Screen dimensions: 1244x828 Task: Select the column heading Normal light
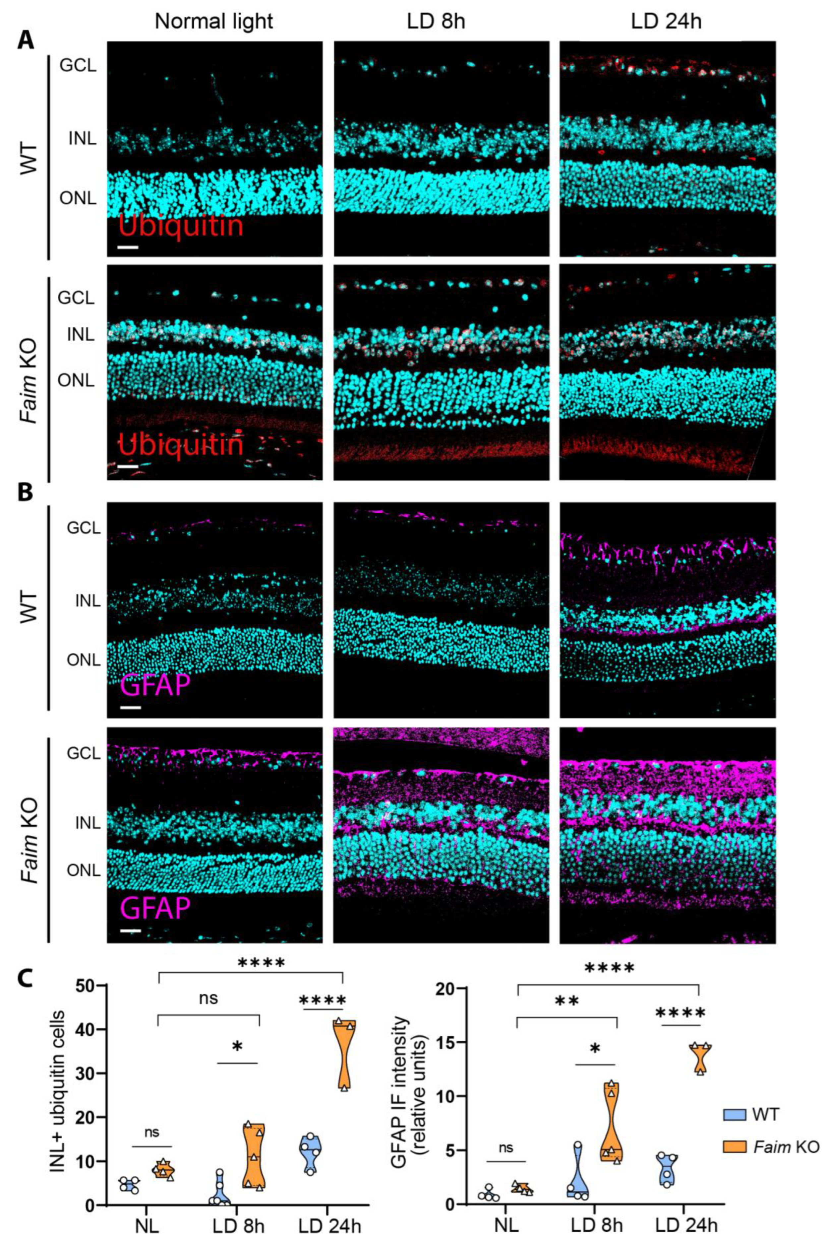(214, 21)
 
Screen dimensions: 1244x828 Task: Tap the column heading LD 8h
(436, 21)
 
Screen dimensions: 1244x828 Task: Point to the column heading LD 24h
(667, 21)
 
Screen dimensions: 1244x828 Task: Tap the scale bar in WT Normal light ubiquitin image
(128, 247)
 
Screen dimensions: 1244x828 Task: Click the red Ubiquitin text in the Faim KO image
(181, 445)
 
